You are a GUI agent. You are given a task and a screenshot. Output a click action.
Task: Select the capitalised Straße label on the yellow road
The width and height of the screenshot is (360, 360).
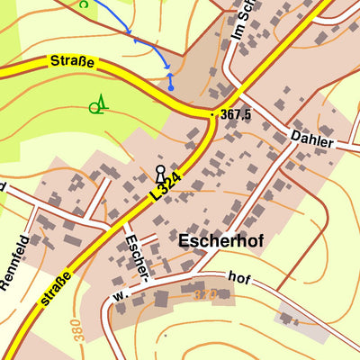pyautogui.click(x=71, y=62)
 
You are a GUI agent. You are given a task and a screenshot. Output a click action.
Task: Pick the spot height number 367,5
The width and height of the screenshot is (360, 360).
pyautogui.click(x=235, y=115)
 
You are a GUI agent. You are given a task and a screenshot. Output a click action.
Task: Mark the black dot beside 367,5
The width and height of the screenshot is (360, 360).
pyautogui.click(x=212, y=115)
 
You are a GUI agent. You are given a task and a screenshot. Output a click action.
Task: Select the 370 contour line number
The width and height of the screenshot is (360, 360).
pyautogui.click(x=205, y=293)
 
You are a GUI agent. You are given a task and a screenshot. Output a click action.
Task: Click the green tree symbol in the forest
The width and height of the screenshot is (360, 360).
pyautogui.click(x=98, y=106)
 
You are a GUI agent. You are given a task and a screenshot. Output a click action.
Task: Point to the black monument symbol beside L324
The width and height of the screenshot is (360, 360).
pyautogui.click(x=160, y=173)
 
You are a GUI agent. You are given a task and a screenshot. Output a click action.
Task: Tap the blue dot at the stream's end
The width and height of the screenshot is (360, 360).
pyautogui.click(x=170, y=87)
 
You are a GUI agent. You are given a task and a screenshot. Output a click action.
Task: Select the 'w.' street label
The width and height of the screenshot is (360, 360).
pyautogui.click(x=118, y=295)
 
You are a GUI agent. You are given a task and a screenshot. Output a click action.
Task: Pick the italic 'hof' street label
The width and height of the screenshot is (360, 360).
pyautogui.click(x=238, y=278)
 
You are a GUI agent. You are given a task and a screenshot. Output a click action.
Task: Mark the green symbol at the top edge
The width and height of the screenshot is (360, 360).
pyautogui.click(x=84, y=4)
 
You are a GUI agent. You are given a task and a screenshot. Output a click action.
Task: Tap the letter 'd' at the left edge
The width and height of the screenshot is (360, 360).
pyautogui.click(x=3, y=186)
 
